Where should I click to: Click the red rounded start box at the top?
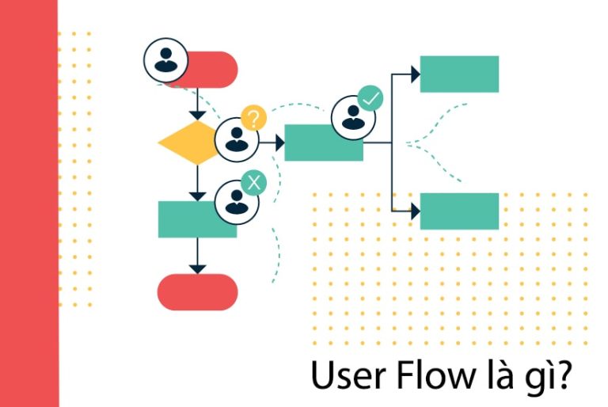211,69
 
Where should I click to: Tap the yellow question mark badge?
253,119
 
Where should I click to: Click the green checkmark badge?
370,99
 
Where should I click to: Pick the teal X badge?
253,183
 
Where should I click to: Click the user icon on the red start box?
165,60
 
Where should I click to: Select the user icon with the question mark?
236,140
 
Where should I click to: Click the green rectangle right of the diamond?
323,143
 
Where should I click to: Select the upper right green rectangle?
459,74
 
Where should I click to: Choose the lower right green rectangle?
459,211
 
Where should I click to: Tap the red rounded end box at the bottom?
197,292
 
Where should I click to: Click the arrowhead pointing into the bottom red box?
197,268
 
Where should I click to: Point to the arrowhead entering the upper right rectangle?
414,74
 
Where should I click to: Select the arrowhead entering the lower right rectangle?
414,211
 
